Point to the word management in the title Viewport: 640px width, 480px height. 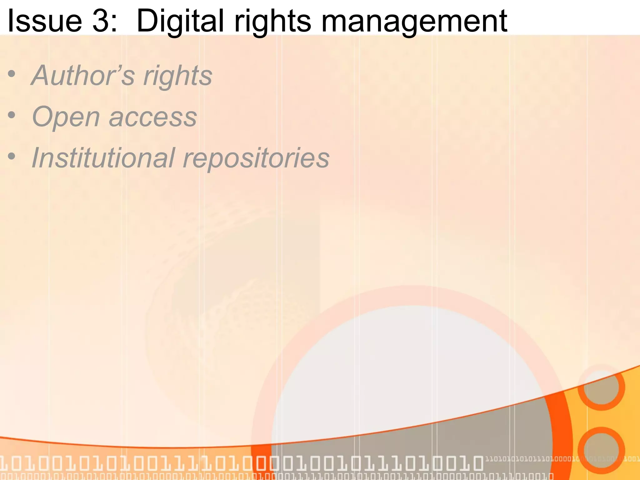point(414,21)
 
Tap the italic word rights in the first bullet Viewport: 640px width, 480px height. point(177,76)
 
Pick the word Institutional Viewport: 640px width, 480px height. point(103,158)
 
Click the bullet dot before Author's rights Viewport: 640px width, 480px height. point(12,75)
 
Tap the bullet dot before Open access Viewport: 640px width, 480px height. point(12,116)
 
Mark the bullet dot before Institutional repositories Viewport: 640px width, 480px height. point(12,156)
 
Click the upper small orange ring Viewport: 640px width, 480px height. point(601,387)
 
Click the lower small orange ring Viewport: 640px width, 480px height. point(601,450)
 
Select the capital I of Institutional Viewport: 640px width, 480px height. point(36,158)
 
